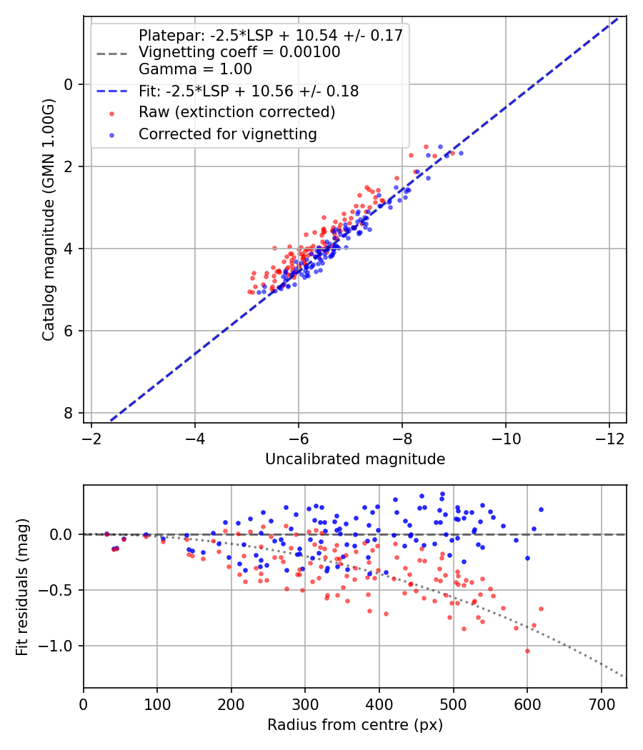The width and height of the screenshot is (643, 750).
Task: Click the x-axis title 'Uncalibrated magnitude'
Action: [x=355, y=459]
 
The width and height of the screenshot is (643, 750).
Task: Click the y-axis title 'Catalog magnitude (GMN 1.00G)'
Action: [x=48, y=220]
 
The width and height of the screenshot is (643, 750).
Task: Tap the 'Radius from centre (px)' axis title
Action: [x=355, y=725]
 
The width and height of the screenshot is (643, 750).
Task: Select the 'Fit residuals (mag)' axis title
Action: [x=22, y=587]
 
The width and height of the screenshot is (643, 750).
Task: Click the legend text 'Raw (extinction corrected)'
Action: [x=236, y=112]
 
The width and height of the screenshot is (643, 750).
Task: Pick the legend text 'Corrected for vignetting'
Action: [x=228, y=134]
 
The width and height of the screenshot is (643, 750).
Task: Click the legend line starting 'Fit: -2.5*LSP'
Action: [x=249, y=91]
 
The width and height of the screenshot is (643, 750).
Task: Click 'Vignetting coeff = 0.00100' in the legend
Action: [x=239, y=52]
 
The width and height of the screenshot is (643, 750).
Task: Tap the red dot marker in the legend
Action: [x=111, y=113]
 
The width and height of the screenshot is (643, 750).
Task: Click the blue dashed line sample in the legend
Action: [x=111, y=91]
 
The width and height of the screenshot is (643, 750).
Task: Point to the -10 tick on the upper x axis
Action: [x=505, y=437]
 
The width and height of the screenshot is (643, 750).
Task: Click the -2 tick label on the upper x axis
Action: [x=91, y=437]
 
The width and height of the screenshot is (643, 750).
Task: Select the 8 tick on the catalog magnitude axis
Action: [x=69, y=413]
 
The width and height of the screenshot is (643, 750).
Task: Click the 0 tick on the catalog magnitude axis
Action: [x=69, y=84]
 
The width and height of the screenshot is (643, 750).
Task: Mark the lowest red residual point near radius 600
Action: [x=527, y=651]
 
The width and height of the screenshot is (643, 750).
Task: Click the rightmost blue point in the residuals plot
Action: [x=541, y=509]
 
